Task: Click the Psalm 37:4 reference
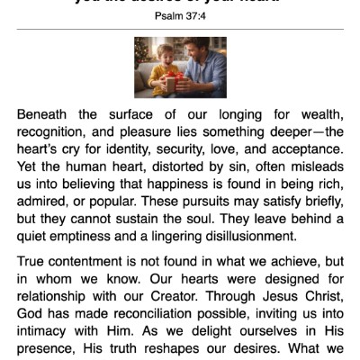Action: pos(180,15)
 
